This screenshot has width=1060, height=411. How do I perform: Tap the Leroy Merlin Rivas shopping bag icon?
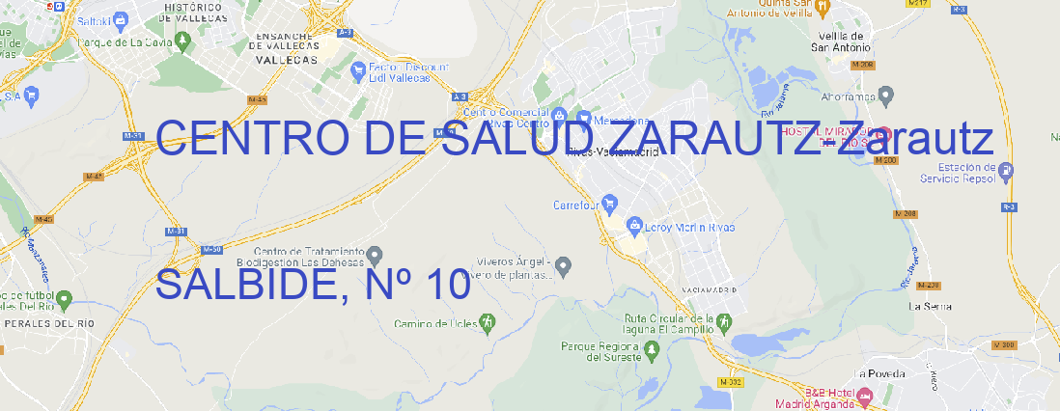coord(634,227)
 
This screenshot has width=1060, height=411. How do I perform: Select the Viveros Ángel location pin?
coord(565,264)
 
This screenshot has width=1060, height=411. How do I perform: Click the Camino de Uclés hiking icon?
coord(488,321)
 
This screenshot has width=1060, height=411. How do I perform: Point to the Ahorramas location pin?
coord(886,95)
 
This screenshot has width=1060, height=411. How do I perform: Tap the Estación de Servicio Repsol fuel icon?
coord(1007,172)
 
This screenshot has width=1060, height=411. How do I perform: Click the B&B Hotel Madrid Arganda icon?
coord(865,396)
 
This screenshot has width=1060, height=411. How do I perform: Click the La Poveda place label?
coord(879,373)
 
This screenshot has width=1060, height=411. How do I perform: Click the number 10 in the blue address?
coord(445,286)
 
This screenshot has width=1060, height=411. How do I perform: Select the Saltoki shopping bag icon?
coord(121,18)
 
